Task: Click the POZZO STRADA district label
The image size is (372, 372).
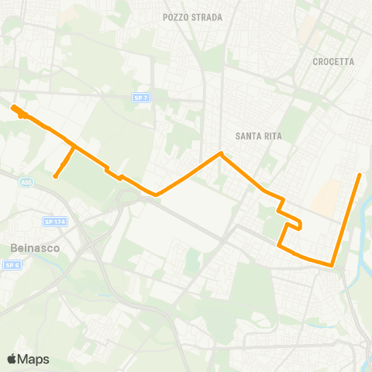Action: (193, 17)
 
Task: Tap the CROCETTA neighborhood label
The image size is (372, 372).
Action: (333, 62)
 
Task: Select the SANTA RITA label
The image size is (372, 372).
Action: (260, 136)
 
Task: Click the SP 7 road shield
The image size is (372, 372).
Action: (139, 97)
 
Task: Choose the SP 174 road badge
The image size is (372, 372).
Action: (54, 222)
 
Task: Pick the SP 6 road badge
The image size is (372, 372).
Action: (12, 265)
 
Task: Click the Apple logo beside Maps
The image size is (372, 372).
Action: (12, 359)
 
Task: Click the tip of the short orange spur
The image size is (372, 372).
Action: (55, 177)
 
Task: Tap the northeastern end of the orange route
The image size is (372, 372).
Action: (360, 174)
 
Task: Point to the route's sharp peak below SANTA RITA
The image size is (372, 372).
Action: (221, 153)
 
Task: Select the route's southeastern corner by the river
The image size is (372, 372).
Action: (332, 266)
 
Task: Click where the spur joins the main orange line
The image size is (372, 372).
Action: (74, 146)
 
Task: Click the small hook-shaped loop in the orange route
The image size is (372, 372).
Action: (294, 226)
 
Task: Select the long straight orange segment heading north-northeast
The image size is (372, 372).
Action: (346, 220)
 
